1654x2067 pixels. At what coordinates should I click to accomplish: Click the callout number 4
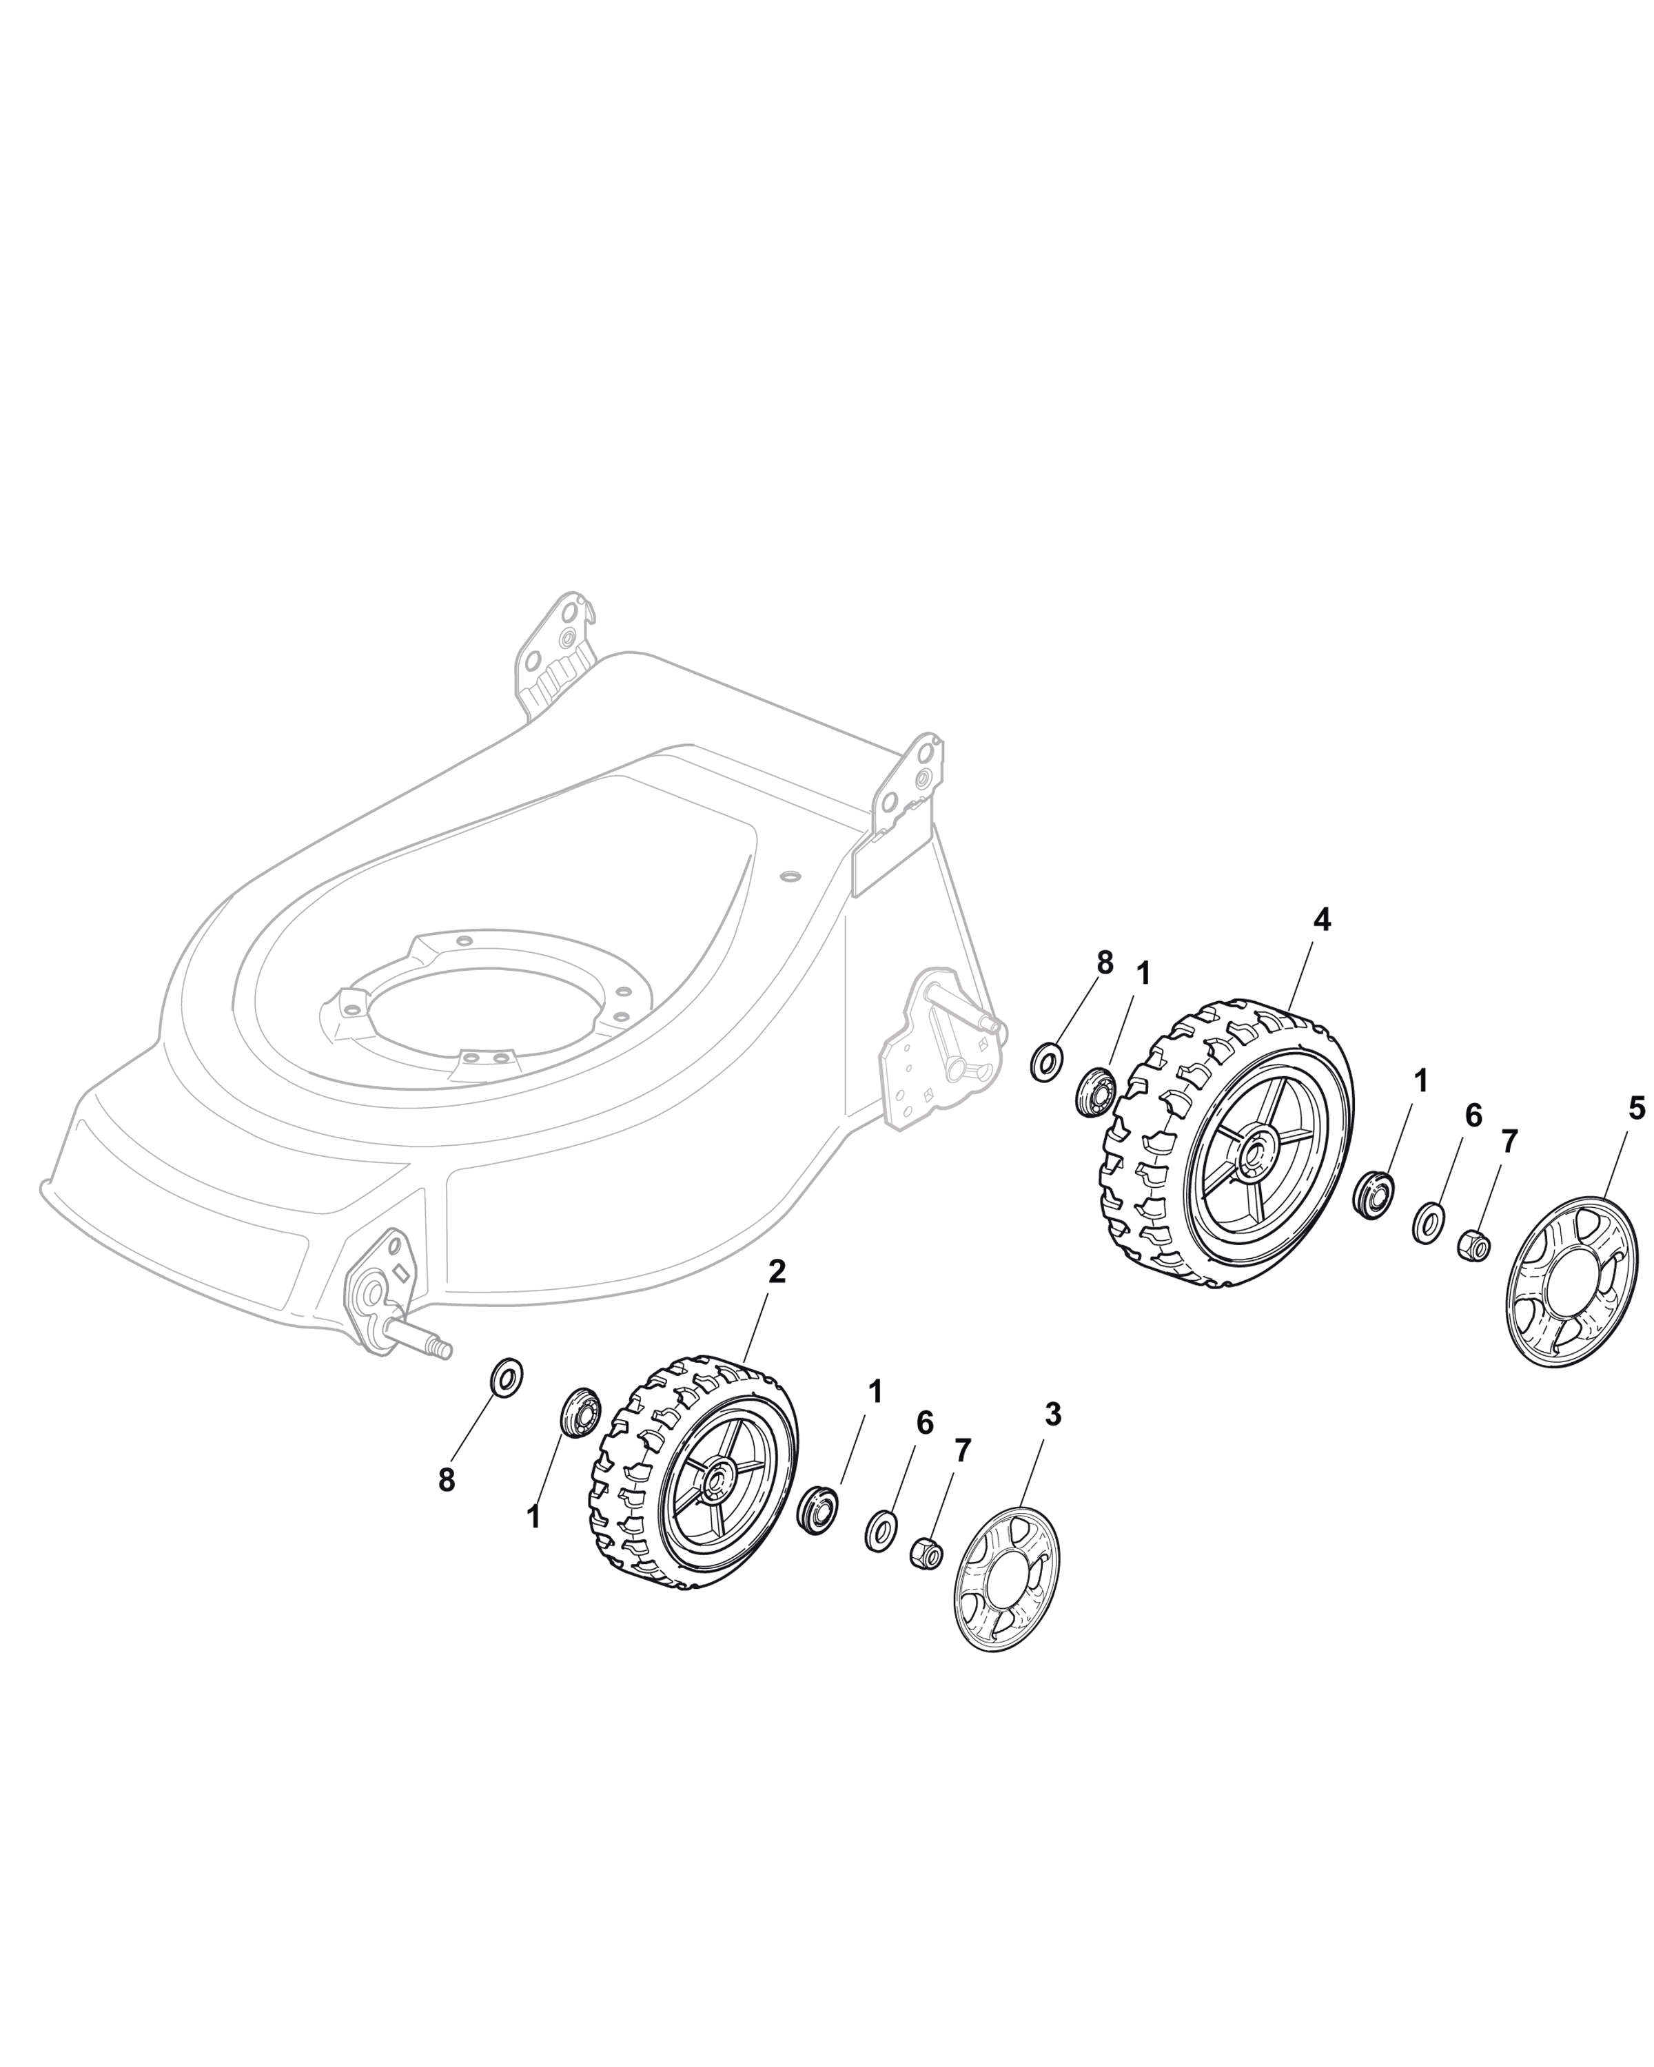coord(1321,921)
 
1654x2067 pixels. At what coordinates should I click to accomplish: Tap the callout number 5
coord(1636,1110)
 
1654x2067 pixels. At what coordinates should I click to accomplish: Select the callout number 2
coord(777,1271)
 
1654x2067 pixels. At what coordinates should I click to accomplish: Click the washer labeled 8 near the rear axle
coord(1045,1062)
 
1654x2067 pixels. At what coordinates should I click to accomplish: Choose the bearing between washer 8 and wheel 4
coord(1093,1090)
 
